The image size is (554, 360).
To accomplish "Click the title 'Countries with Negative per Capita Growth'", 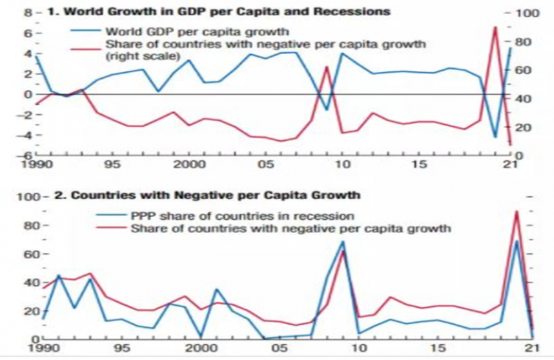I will (215, 196).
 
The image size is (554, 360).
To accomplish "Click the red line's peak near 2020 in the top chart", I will (495, 27).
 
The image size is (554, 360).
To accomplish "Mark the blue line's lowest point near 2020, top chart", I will (495, 137).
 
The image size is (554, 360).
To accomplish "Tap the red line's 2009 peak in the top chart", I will (327, 67).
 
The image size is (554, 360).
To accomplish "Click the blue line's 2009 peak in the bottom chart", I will (342, 242).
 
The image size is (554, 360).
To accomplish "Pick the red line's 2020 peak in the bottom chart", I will (516, 212).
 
